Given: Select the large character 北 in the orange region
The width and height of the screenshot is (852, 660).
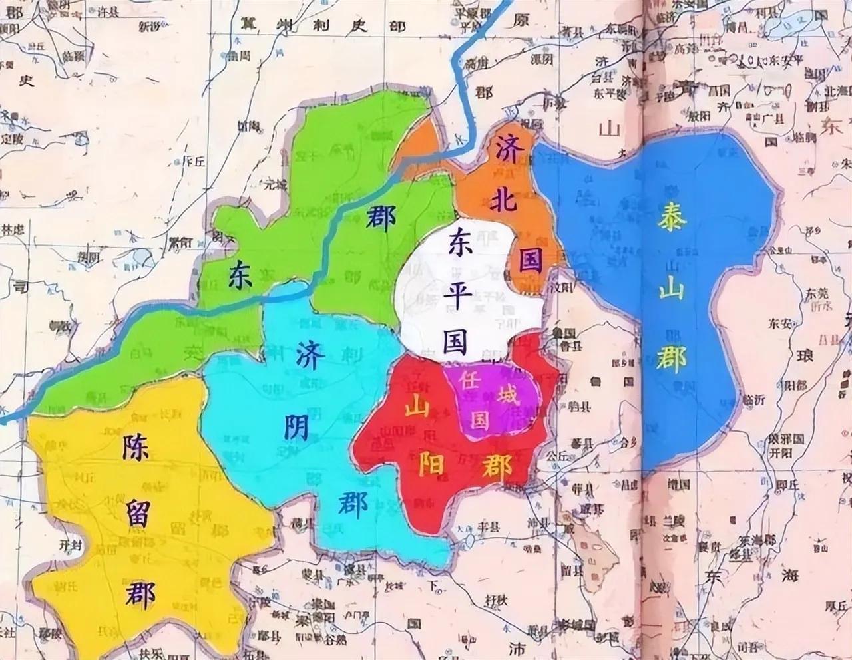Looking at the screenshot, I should click(x=503, y=201).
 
